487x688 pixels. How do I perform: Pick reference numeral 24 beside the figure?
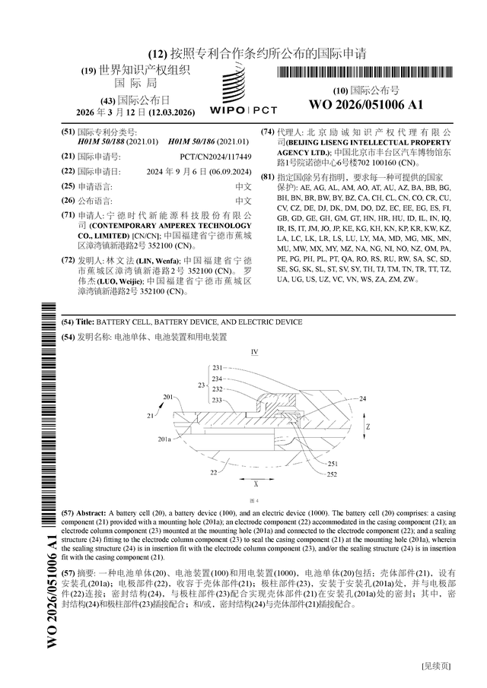pyautogui.click(x=362, y=398)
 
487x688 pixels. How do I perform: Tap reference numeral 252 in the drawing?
pyautogui.click(x=332, y=474)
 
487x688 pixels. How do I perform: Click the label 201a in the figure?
pyautogui.click(x=164, y=439)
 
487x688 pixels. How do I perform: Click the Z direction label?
pyautogui.click(x=368, y=427)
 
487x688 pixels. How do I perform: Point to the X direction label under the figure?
pyautogui.click(x=256, y=484)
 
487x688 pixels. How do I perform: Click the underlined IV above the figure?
pyautogui.click(x=255, y=351)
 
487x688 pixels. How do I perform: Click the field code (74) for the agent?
pyautogui.click(x=267, y=132)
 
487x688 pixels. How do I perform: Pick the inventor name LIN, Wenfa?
pyautogui.click(x=158, y=261)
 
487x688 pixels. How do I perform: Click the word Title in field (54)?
pyautogui.click(x=85, y=322)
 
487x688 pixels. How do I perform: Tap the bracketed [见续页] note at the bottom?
pyautogui.click(x=435, y=666)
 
